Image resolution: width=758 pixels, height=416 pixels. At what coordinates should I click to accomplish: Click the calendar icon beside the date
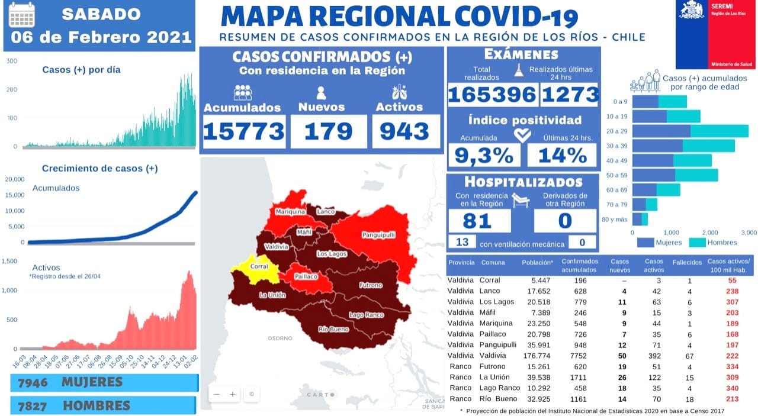(x=22, y=15)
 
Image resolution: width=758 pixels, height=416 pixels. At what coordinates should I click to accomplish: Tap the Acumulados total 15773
(x=243, y=131)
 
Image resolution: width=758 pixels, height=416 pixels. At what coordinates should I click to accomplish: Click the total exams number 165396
(x=492, y=95)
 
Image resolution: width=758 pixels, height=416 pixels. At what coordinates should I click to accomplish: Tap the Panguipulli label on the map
(x=378, y=234)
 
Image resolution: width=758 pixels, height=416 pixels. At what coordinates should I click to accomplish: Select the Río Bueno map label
(x=332, y=329)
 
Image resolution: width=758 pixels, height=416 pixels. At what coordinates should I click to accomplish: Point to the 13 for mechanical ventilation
(x=462, y=242)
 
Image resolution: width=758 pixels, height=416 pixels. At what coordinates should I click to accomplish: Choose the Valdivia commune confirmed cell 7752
(x=574, y=356)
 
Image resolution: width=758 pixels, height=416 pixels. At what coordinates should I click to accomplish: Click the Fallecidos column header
(x=687, y=262)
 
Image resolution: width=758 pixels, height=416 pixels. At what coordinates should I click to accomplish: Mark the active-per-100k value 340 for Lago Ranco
(x=732, y=388)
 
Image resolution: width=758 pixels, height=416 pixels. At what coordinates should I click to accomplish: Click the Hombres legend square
(x=697, y=241)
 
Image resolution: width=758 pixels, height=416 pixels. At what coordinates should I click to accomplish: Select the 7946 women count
(x=33, y=382)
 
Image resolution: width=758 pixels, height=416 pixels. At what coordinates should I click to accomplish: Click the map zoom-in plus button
(x=233, y=394)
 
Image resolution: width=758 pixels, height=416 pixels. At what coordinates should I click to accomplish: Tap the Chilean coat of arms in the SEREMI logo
(x=690, y=9)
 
